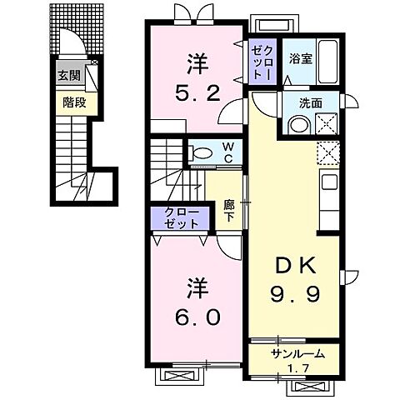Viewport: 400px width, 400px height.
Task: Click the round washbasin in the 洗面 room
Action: coord(298,124)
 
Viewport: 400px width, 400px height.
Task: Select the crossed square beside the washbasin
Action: coord(327,124)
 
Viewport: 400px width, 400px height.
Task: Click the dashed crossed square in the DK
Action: coord(327,152)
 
